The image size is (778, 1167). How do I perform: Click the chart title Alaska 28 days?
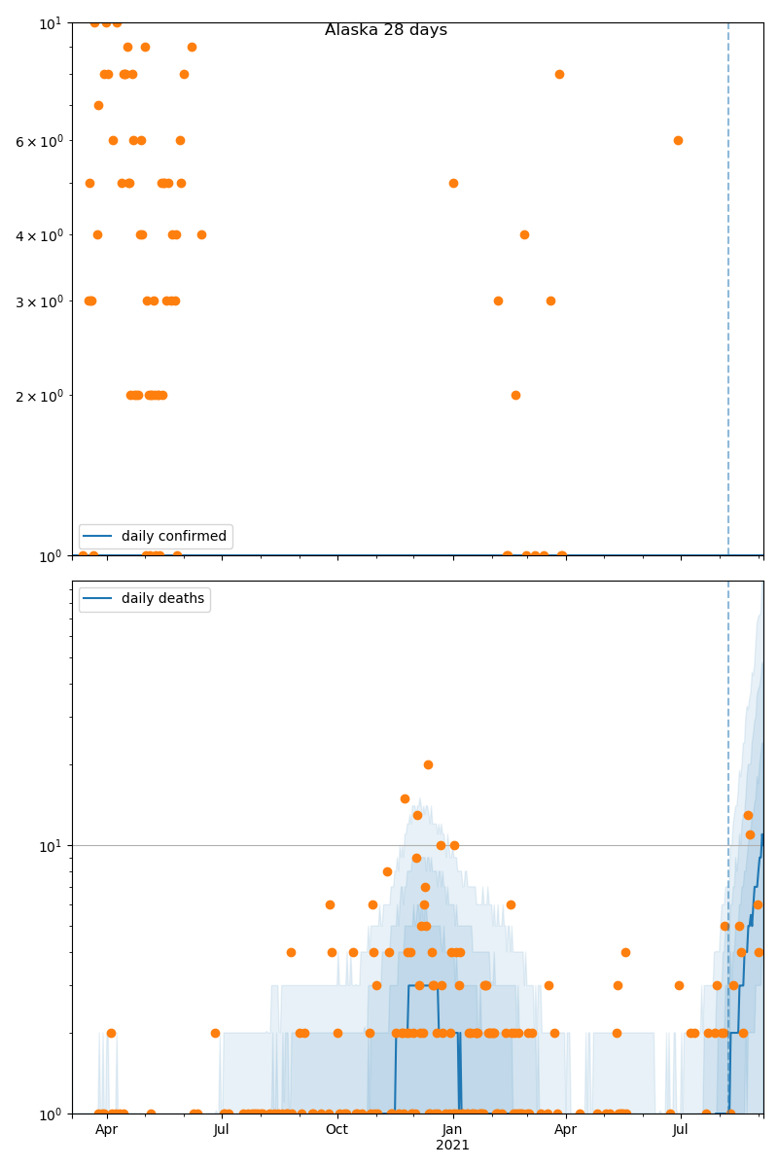point(386,30)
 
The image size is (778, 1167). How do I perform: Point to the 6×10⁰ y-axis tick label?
point(40,141)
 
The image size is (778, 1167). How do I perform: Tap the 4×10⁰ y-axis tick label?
point(40,234)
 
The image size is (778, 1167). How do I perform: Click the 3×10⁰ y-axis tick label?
point(40,301)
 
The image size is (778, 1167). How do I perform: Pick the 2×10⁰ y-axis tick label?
point(40,396)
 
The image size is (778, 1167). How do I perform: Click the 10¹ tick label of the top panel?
point(51,22)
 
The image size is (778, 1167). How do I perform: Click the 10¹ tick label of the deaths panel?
point(51,845)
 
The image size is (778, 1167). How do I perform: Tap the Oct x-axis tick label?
point(336,1130)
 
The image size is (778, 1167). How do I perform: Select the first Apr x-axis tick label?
point(107,1130)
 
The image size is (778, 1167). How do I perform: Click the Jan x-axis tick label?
point(452,1130)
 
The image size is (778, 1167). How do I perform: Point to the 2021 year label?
point(452,1146)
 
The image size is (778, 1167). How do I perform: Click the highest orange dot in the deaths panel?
point(428,764)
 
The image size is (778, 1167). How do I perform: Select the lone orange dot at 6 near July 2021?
point(678,140)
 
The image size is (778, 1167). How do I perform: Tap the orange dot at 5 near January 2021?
point(453,183)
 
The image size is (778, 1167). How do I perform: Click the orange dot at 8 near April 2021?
point(559,74)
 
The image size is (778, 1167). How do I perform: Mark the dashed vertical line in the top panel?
point(728,292)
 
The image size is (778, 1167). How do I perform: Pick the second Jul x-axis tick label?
point(681,1130)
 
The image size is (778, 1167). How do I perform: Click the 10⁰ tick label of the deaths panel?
point(51,1114)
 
